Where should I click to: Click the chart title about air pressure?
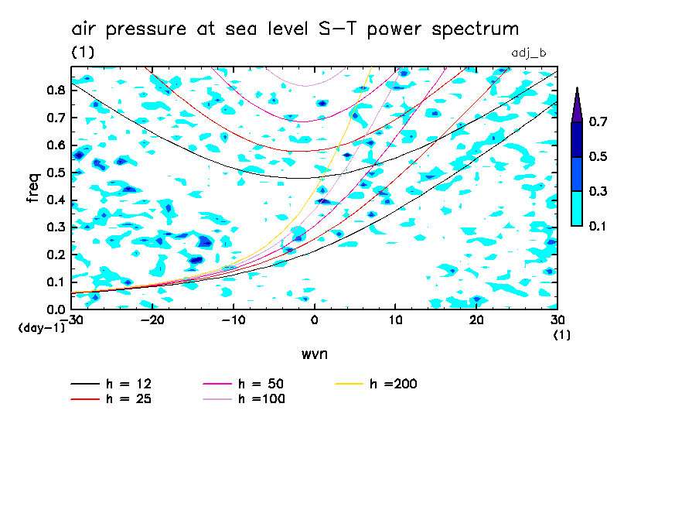click(295, 29)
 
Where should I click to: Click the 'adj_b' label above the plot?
click(530, 52)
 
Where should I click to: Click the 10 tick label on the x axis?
click(395, 320)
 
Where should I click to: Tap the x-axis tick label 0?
click(315, 320)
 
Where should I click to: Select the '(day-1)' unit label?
click(41, 328)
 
